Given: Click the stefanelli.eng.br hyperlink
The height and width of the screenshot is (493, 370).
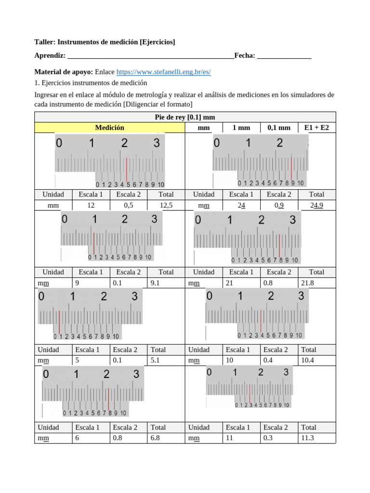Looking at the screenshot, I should [164, 72].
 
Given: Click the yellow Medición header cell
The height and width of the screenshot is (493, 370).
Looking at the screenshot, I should [109, 128].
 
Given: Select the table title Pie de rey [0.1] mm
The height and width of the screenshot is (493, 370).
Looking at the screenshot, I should [185, 117].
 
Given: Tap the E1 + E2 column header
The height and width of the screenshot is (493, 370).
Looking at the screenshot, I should [317, 128].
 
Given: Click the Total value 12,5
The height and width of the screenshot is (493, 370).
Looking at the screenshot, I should [166, 205].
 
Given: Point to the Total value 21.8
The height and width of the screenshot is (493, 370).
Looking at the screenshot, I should [306, 283].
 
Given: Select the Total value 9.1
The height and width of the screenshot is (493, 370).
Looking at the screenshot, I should [155, 283].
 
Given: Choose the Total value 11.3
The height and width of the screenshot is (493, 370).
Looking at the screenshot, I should [307, 438].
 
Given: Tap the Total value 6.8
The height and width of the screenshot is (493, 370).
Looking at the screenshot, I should [155, 438].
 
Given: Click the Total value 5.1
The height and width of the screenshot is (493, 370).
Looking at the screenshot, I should [155, 361].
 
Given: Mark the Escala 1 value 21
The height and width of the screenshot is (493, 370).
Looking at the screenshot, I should [229, 283].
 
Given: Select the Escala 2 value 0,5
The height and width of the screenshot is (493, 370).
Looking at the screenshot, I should [129, 205].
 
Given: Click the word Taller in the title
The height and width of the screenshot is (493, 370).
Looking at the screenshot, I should [45, 42].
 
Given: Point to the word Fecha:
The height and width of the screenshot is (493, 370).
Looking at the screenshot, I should [244, 56].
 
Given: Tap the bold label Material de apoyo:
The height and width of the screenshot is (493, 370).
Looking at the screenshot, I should [64, 72].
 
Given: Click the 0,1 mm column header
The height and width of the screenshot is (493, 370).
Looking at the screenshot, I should [279, 128].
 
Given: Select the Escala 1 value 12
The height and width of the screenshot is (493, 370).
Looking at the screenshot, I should [91, 205].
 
